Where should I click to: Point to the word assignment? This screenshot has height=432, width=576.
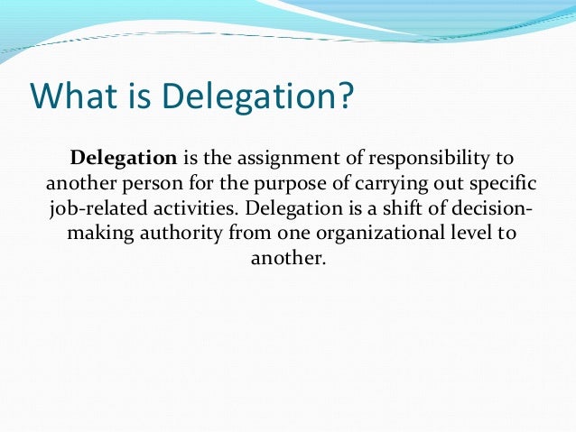click(x=271, y=159)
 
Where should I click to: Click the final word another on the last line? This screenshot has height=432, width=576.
click(x=287, y=260)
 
